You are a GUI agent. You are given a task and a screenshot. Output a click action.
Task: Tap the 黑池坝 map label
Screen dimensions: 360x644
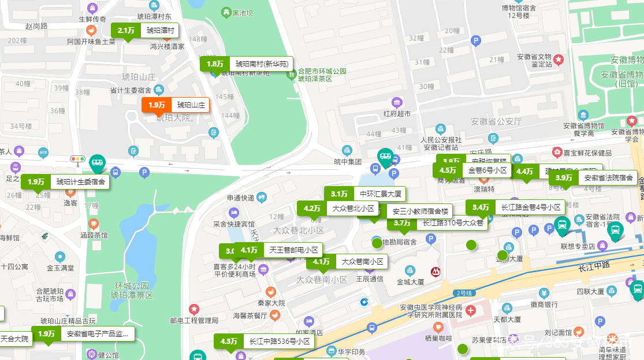click(242, 13)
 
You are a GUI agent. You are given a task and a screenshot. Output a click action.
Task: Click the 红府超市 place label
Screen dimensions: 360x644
click(397, 114)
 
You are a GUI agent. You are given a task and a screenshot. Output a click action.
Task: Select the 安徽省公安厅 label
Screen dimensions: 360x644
click(496, 121)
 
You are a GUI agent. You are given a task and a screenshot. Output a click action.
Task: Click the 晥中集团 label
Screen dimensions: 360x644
click(348, 162)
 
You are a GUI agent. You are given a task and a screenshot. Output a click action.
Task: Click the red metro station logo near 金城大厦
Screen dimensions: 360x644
click(435, 270)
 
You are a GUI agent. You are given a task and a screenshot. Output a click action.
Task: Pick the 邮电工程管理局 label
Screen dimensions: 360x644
click(194, 320)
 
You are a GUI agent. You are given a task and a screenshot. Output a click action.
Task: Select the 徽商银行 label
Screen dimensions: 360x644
click(544, 305)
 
